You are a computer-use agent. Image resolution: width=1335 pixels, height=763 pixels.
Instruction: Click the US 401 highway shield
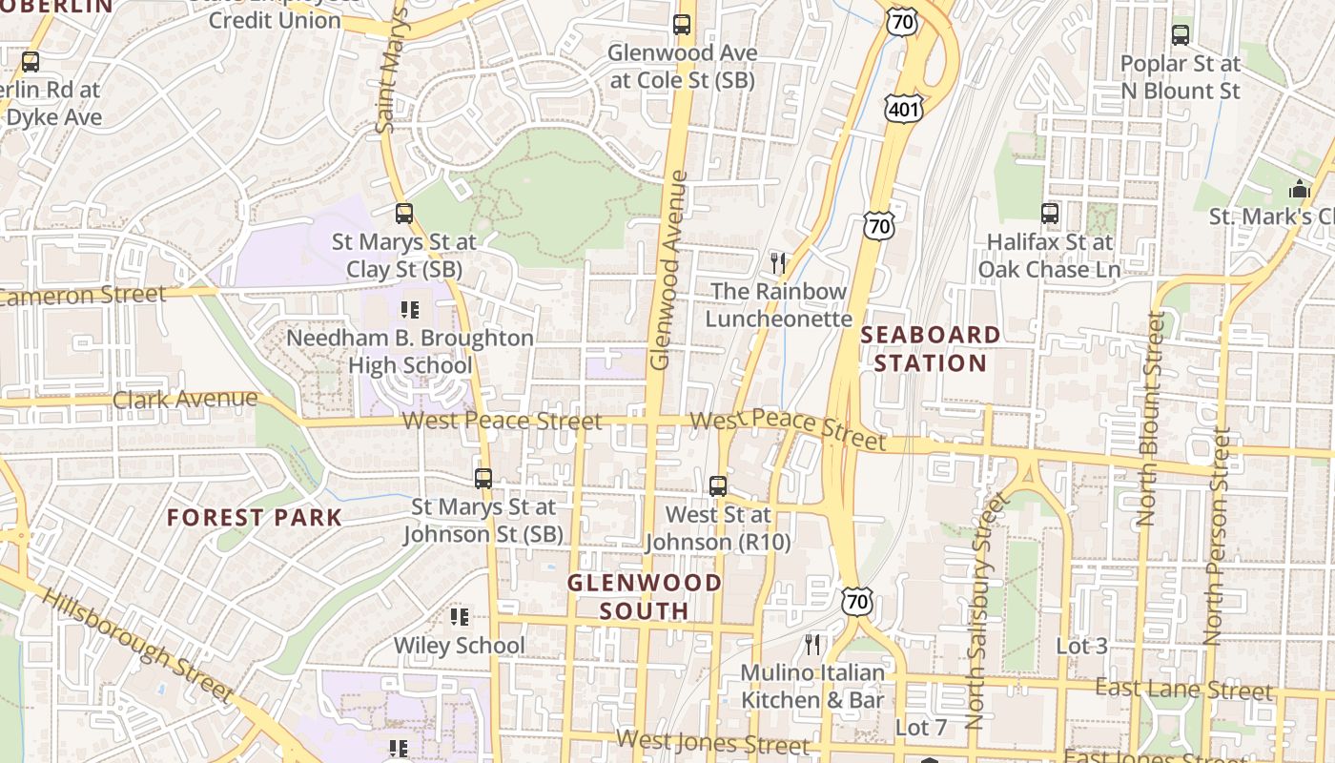902,109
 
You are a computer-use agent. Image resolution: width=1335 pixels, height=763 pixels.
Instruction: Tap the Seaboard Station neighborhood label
931,349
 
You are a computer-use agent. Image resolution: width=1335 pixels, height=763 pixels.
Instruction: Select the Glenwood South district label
645,596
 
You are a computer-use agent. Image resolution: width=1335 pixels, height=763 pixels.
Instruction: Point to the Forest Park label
254,518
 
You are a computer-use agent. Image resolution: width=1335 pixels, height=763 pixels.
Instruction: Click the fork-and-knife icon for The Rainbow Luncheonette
778,262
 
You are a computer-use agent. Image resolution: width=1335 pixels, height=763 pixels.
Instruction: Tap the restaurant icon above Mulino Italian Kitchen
812,645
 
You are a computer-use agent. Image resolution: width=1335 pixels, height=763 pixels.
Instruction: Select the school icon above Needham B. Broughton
410,310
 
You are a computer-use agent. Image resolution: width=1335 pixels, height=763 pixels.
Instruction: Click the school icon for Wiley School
460,617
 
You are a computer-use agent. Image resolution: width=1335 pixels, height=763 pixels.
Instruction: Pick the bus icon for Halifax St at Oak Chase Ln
1050,214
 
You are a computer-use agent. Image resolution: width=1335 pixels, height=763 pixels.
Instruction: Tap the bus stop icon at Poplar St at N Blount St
1181,35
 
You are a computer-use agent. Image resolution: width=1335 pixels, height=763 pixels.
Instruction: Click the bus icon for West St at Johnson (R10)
718,485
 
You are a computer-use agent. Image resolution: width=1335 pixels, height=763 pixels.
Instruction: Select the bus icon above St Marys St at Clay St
404,214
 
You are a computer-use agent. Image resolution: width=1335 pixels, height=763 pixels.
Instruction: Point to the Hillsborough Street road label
137,645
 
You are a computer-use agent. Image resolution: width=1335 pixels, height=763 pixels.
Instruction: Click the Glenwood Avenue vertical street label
667,270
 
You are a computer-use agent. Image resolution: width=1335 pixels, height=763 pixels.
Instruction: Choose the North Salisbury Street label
984,610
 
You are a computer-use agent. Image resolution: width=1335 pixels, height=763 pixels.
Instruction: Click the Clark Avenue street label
185,399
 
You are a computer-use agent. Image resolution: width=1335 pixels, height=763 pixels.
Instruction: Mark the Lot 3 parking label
1081,646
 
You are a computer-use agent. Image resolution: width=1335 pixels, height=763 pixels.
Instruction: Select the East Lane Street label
1182,689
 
